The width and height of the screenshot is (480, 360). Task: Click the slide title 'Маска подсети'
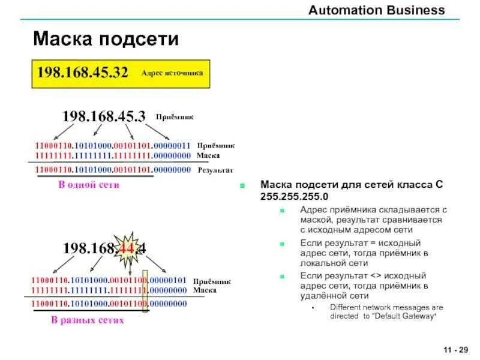point(106,40)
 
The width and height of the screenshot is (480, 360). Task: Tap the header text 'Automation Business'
point(376,10)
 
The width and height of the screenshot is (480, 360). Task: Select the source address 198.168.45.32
point(83,73)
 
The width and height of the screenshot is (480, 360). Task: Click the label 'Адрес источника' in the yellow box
point(172,73)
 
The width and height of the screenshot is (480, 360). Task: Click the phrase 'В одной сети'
point(88,185)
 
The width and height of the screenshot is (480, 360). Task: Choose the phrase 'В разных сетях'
point(87,320)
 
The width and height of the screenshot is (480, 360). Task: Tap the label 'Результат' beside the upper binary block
point(215,170)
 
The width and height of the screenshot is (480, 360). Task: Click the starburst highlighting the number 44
point(127,247)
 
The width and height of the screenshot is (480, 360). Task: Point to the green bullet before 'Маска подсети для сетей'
point(242,185)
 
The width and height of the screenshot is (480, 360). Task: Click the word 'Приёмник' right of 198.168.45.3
point(175,118)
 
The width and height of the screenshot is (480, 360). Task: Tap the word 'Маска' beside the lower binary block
point(205,290)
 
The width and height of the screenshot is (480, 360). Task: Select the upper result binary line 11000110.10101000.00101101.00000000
point(113,170)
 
